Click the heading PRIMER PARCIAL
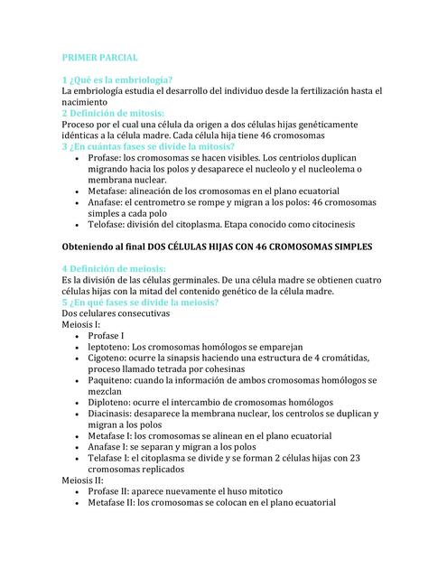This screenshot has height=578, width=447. click(100, 56)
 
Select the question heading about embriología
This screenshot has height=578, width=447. click(117, 80)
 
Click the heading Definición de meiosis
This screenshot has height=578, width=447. click(113, 269)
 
